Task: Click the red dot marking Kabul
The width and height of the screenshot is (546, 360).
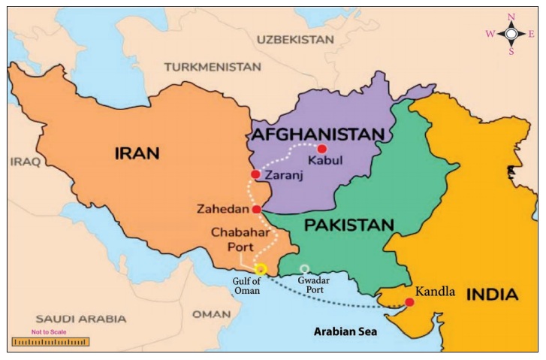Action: point(322,149)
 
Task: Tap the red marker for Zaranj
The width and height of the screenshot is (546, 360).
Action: point(255,174)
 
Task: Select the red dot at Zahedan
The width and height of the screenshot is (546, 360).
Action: point(257,209)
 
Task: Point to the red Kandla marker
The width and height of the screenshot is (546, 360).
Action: point(409,303)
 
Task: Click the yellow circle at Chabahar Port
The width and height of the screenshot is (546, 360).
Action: point(261,269)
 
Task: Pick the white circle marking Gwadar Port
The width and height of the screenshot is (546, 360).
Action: point(304,268)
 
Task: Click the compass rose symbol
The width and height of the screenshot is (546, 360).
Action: point(511,34)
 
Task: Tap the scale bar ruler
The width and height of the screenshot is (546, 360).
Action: point(50,342)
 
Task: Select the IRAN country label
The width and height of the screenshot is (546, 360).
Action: point(137,154)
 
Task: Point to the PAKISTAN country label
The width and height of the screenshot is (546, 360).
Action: point(348,225)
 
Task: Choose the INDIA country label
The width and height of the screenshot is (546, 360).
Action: point(492,294)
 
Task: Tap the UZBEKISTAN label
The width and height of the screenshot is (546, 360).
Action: point(295,39)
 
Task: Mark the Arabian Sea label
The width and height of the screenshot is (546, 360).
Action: point(345,331)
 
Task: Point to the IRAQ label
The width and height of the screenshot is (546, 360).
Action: point(25,161)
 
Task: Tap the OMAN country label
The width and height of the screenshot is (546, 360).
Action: point(211,313)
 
